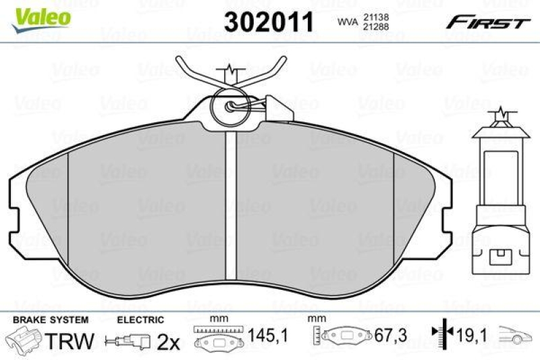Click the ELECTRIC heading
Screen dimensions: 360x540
(x=140, y=319)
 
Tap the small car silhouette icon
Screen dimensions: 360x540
(x=516, y=333)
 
